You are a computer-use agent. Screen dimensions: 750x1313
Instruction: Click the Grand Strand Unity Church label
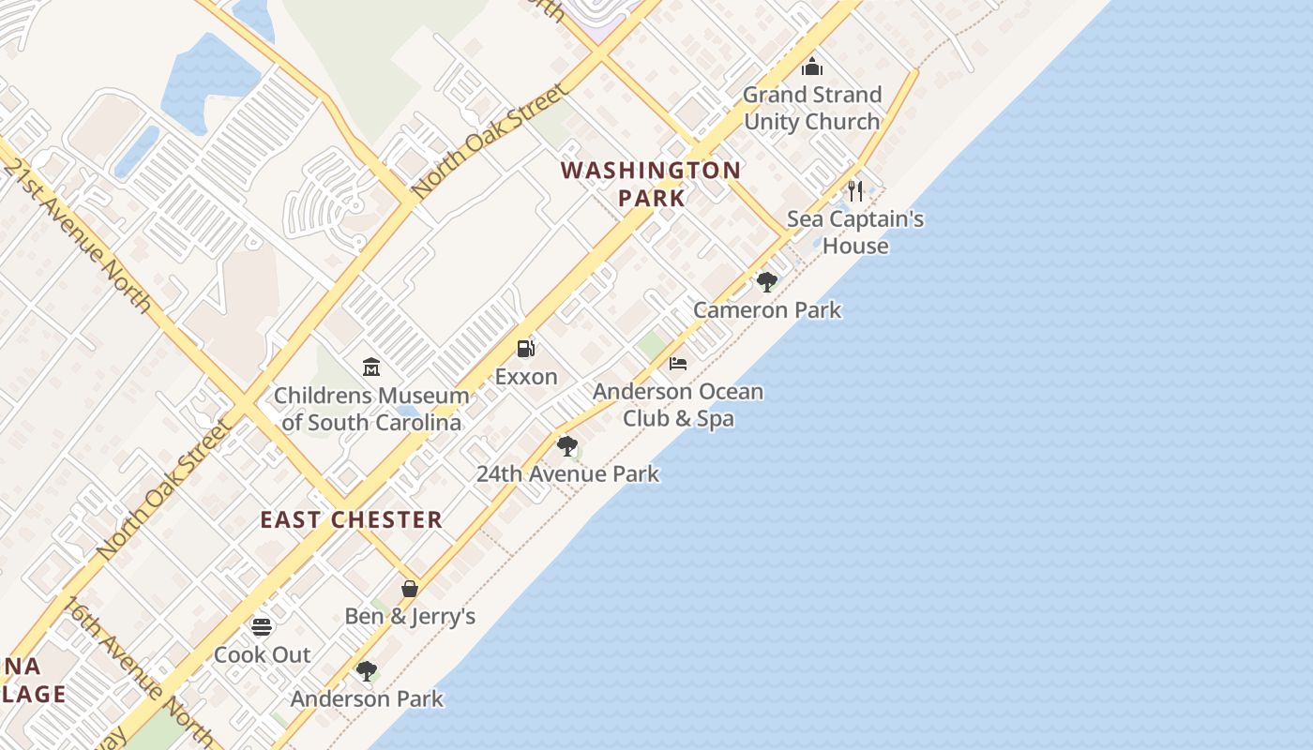tap(812, 108)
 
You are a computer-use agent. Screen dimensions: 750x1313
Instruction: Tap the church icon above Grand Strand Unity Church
tap(812, 67)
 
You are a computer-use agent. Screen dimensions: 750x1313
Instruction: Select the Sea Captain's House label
tap(855, 232)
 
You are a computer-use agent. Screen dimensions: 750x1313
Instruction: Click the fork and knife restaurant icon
tap(854, 191)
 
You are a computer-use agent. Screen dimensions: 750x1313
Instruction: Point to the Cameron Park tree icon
tap(767, 282)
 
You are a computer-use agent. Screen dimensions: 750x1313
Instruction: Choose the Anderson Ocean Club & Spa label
tap(678, 404)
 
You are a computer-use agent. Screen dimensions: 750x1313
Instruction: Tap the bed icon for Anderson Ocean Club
tap(678, 364)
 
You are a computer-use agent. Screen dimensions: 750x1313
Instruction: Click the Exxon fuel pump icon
tap(526, 349)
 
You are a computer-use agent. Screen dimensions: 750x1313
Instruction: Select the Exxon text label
tap(526, 377)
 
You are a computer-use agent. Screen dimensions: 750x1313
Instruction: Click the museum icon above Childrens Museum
tap(371, 367)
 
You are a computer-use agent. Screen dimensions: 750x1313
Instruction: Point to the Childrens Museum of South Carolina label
tap(371, 409)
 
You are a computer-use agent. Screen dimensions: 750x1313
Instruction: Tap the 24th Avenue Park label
tap(567, 474)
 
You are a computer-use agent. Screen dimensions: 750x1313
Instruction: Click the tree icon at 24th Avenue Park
tap(566, 446)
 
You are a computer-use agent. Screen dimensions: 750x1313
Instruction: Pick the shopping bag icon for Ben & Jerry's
tap(410, 589)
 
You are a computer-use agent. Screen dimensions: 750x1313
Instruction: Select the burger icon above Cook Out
tap(262, 626)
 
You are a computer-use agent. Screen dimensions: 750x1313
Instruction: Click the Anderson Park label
tap(367, 699)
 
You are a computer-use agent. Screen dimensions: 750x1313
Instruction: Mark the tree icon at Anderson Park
tap(367, 671)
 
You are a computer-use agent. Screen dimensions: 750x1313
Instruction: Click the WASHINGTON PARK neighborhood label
tap(651, 184)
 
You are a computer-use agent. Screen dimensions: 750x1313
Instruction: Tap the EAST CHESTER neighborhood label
tap(351, 520)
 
